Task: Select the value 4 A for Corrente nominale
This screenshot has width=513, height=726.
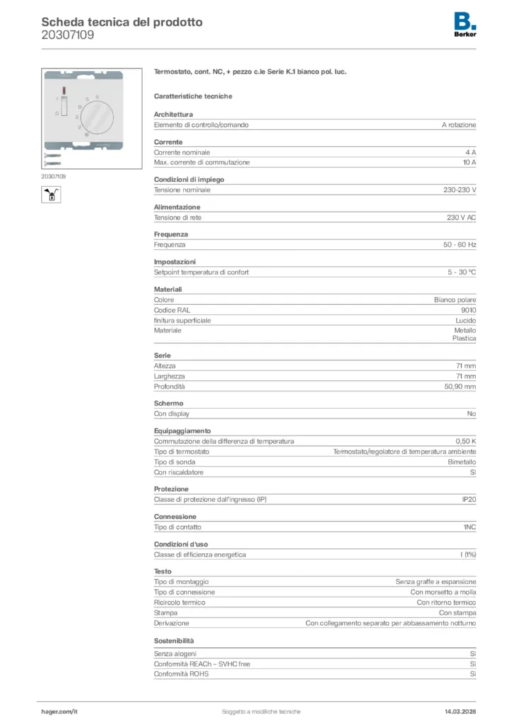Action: pos(470,152)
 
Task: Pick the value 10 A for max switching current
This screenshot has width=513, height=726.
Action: pos(469,162)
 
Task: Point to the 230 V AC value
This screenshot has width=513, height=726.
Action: pos(461,217)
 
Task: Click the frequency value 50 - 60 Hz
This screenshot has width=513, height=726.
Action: pos(460,245)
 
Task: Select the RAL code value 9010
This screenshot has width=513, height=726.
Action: pos(468,310)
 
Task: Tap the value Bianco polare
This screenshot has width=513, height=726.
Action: pos(455,300)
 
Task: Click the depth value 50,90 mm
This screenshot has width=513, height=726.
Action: pos(460,386)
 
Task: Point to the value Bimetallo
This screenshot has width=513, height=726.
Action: pos(461,462)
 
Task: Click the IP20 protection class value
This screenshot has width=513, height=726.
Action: pos(469,500)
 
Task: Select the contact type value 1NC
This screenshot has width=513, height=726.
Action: pos(470,527)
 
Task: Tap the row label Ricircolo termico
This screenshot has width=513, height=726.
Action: pos(179,602)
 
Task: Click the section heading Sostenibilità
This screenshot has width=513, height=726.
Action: pos(174,640)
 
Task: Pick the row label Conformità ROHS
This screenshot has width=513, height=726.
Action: pos(181,674)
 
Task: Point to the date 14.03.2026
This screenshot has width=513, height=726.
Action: pos(460,711)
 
